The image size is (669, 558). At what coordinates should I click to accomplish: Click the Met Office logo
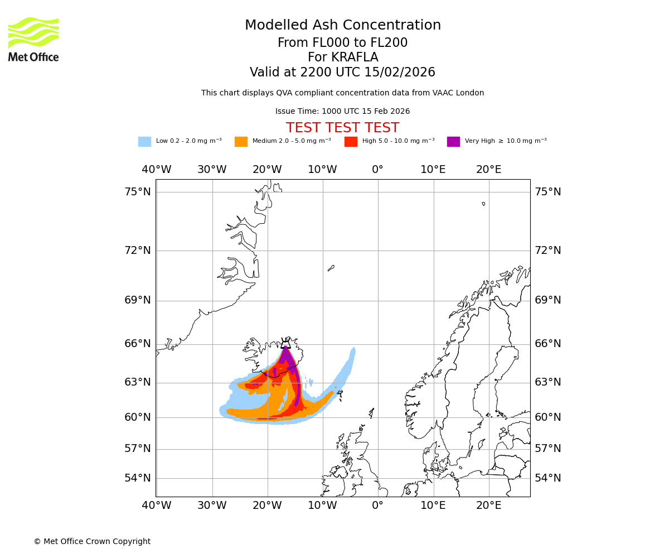coord(33,39)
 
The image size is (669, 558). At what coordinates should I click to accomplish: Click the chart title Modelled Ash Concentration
coord(343,26)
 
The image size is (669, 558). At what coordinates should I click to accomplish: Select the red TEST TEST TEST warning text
coord(342,128)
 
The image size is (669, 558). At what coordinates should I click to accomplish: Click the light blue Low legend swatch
coord(144,142)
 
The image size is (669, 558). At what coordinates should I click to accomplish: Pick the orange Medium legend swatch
coord(241,142)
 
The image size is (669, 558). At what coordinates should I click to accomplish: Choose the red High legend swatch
coord(351,142)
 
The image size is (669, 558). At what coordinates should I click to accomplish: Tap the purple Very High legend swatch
coord(453,142)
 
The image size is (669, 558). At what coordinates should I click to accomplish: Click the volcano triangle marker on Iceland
coord(286,344)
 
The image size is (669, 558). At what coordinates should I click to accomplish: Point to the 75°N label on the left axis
coord(137,192)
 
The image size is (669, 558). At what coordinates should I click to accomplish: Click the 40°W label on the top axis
coord(157,170)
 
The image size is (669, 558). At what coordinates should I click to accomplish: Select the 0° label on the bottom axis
coord(378,506)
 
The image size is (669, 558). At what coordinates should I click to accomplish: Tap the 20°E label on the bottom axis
coord(488,506)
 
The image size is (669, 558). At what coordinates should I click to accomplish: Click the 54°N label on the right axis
coord(548,478)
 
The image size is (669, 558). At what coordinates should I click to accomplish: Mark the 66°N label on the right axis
coord(548,344)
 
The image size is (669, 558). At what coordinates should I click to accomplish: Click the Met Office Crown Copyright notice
coord(92,542)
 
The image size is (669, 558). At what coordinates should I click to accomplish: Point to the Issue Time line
coord(342,112)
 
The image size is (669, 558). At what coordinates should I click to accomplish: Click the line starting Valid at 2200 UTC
coord(342,73)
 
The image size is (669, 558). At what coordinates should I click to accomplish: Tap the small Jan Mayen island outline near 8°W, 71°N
coord(331,268)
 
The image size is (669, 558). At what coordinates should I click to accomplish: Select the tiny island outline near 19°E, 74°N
coord(483,204)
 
